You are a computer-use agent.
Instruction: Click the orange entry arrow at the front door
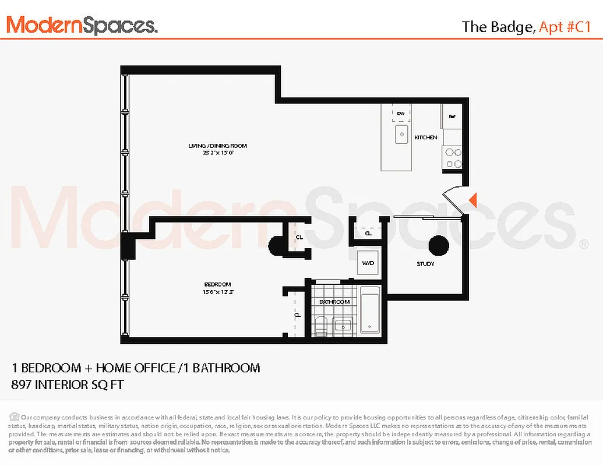coord(473,200)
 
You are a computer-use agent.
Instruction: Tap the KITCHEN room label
coord(425,137)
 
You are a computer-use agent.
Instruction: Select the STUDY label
coord(425,264)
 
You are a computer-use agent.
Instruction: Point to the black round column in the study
coord(439,246)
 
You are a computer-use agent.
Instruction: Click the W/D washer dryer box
coord(368,263)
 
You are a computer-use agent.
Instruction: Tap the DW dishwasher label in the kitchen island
coord(401,113)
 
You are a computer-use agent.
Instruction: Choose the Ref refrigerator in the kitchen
coord(452,116)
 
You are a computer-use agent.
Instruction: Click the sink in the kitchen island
coord(401,135)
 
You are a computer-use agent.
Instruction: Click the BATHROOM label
coord(334,302)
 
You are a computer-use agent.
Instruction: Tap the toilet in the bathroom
coord(320,327)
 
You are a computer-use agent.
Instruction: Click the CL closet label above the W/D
coord(368,233)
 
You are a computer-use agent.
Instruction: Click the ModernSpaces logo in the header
coord(82,25)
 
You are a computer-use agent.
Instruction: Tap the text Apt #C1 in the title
coord(565,27)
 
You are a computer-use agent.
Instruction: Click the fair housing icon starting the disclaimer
coord(14,416)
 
